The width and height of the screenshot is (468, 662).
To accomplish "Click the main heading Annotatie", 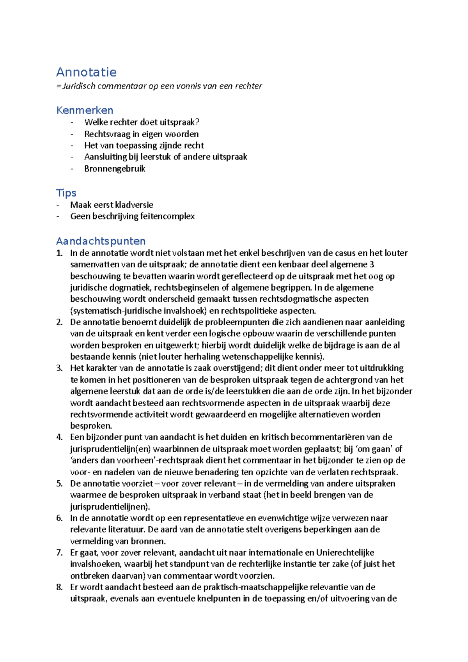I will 86,72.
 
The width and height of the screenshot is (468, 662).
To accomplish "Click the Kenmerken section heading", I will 85,110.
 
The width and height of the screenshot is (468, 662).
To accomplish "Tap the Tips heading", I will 66,193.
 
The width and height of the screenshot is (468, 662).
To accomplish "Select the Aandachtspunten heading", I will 101,241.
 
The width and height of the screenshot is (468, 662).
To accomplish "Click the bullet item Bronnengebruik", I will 115,168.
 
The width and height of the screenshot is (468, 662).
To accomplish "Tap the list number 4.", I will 59,437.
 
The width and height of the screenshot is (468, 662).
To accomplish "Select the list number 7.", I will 59,552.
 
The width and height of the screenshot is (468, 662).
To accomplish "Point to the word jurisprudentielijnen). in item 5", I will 110,506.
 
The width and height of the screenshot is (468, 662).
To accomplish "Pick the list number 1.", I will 59,253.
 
